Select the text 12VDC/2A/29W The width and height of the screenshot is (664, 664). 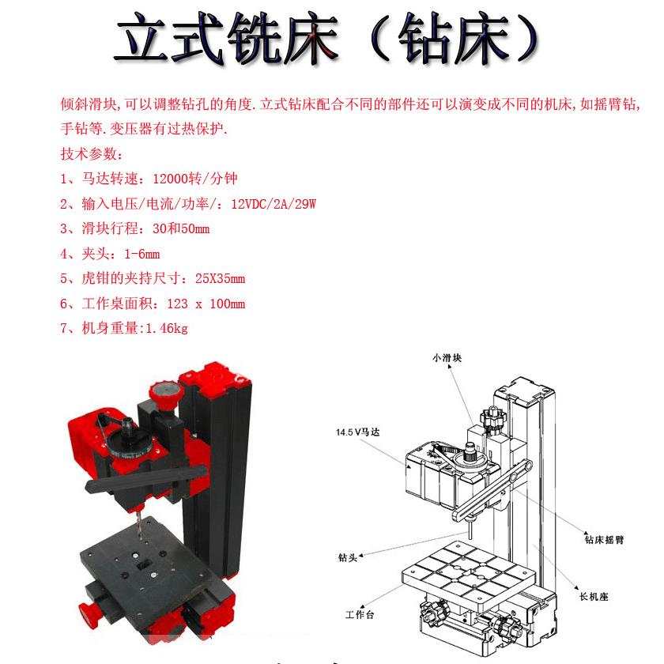(x=274, y=204)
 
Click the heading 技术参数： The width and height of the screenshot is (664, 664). (x=92, y=154)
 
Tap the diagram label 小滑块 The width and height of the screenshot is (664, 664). (x=447, y=358)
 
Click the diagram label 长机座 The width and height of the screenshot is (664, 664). (x=594, y=596)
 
